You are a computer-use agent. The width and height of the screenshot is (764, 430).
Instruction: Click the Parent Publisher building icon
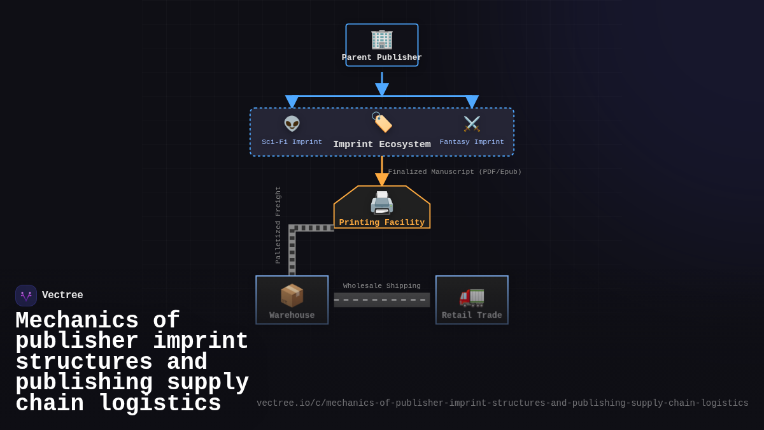[382, 39]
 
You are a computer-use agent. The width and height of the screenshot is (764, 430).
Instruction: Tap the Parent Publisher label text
[382, 57]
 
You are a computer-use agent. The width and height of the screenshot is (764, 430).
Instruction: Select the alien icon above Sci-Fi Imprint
[292, 124]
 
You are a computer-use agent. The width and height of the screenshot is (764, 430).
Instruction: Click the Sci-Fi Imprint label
[292, 142]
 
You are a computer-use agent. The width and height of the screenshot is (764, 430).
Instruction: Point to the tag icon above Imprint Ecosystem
[382, 122]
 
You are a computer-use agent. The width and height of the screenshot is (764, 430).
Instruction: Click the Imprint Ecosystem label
[382, 145]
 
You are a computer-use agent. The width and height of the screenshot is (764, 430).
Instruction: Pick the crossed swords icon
[472, 124]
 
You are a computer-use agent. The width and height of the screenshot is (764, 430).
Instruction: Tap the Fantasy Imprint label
[472, 142]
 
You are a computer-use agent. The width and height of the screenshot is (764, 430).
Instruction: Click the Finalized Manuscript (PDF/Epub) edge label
[455, 172]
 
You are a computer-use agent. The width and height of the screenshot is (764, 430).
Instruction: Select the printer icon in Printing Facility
[382, 203]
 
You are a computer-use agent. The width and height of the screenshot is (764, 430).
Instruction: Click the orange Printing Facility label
[382, 222]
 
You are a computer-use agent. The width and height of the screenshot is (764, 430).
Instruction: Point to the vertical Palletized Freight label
[278, 225]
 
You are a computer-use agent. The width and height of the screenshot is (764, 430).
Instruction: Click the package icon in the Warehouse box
[292, 296]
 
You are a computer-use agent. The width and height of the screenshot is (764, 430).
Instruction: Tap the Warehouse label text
[292, 315]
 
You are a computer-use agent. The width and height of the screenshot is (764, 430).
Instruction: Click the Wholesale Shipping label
[382, 286]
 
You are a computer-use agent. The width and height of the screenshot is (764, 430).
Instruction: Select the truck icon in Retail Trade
[472, 296]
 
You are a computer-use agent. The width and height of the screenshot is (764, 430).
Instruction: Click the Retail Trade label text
[472, 315]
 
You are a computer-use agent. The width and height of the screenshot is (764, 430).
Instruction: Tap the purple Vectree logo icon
[26, 296]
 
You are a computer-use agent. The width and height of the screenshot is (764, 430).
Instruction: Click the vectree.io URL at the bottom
[502, 403]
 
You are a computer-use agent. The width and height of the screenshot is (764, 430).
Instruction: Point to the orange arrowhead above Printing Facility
[382, 180]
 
